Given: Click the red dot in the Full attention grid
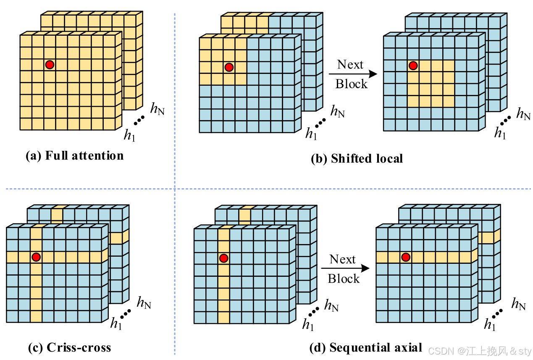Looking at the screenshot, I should coord(50,64).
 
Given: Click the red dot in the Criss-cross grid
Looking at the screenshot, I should coord(36,256).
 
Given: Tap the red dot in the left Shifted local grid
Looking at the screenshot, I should coord(229,67).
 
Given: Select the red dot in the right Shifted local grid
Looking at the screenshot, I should coord(413,66).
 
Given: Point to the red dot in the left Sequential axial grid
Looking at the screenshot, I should coord(223,258).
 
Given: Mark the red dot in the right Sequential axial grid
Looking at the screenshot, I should coord(406,257).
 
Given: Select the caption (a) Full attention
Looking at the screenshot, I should coord(75,156).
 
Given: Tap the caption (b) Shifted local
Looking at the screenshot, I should coord(357,158).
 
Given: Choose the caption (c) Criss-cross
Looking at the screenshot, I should coord(69,347).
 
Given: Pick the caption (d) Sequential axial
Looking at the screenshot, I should coord(365,347).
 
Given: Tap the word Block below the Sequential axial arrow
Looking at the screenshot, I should coord(344,279).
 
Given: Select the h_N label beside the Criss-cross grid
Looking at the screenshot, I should coord(144,302).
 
